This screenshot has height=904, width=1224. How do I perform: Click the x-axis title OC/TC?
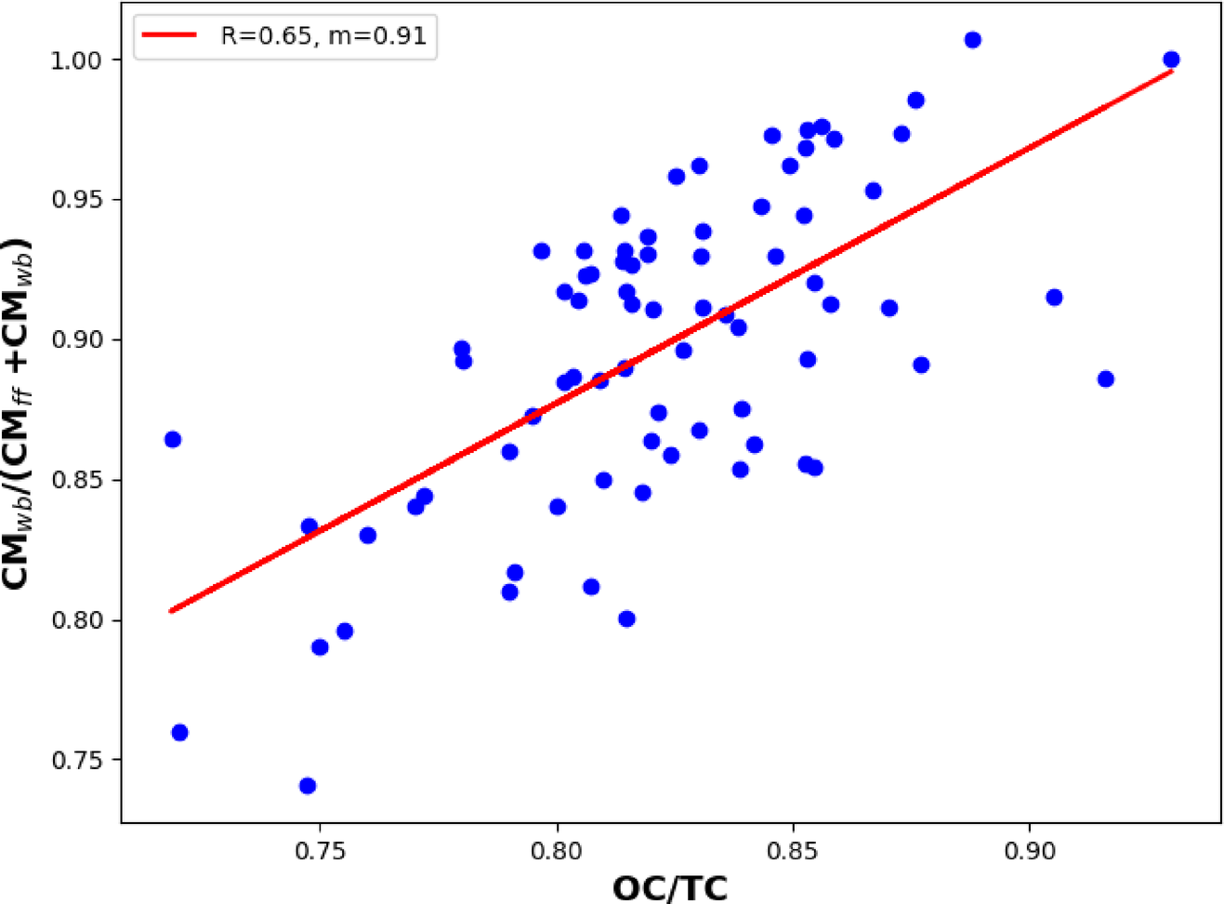670,887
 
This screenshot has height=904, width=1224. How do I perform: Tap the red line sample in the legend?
168,35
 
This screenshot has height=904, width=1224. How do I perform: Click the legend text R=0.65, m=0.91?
322,35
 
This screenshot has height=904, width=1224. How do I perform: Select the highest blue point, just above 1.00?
972,40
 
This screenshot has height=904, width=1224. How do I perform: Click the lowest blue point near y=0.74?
308,786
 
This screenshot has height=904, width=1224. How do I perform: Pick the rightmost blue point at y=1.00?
1171,60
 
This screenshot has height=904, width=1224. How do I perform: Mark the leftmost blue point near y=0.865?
173,439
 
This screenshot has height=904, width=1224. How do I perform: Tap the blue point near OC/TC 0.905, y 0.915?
1054,298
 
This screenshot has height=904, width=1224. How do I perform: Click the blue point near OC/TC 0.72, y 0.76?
179,733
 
